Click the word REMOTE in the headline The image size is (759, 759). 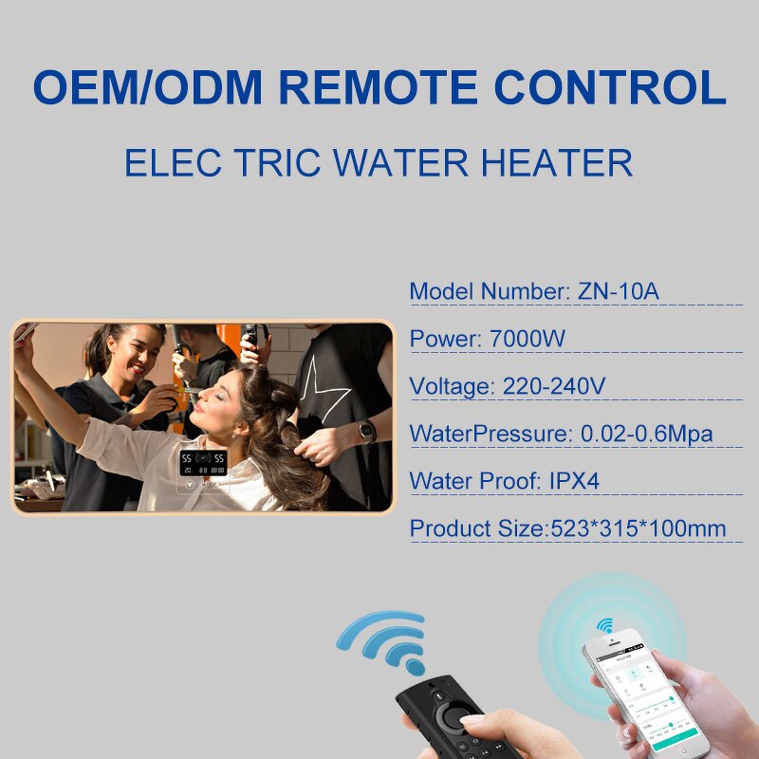click(x=392, y=87)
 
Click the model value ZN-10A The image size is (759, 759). click(x=618, y=291)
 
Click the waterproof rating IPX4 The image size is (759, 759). click(x=575, y=481)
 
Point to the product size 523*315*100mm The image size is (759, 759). click(x=639, y=528)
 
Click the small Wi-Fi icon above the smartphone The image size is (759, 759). click(x=604, y=626)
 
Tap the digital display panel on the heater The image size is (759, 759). click(x=203, y=464)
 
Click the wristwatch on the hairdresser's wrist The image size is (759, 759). click(x=367, y=431)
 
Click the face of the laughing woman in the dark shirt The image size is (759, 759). click(x=142, y=355)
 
